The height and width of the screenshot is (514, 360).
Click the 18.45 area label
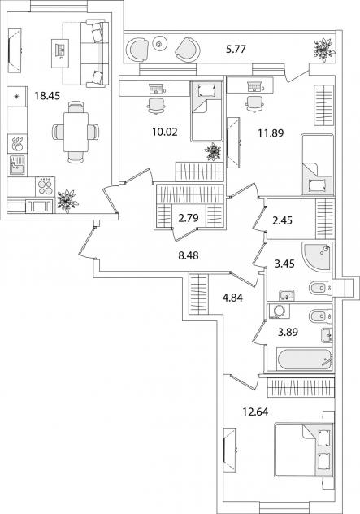point(47,96)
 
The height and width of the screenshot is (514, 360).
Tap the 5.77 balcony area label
point(236,50)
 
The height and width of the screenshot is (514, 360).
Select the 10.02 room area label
point(164,132)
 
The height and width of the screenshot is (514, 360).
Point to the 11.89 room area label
point(271,133)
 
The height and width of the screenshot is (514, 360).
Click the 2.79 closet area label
point(189,218)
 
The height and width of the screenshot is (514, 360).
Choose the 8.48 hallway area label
point(189,255)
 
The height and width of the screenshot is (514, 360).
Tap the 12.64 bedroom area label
point(255,412)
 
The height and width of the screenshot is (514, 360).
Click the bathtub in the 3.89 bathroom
point(304,359)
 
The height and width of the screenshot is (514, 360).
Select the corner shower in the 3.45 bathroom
point(317,256)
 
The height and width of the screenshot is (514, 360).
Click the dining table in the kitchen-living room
point(76,132)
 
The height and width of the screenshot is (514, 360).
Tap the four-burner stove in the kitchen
point(46,186)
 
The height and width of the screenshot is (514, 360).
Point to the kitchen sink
point(17,165)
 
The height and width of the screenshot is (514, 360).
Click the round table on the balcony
point(159,43)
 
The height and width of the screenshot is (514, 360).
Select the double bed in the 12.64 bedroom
point(304,449)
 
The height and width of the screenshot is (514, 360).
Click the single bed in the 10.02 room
point(206,111)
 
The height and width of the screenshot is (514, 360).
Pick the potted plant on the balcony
point(323,50)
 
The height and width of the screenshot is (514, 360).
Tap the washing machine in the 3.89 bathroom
point(279,311)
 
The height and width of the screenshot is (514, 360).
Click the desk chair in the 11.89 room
point(254,103)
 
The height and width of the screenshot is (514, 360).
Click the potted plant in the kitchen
point(67,201)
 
